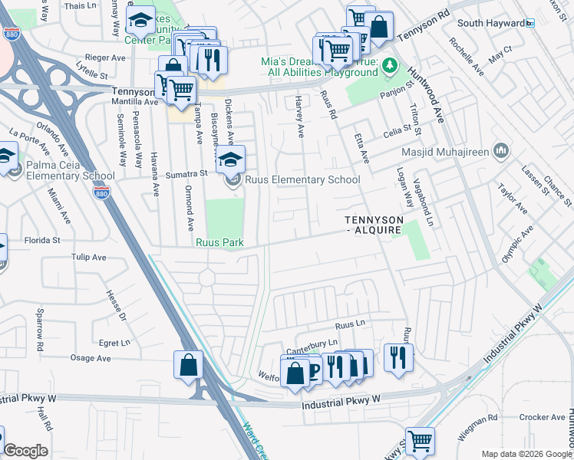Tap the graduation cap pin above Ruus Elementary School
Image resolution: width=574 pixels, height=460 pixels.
pos(229,159)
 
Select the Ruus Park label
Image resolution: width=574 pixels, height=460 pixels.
pos(219,243)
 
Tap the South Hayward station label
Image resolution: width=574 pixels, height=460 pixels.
pos(492,23)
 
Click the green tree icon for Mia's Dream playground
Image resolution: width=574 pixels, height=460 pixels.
pos(390,65)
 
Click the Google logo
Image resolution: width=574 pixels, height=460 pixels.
pos(25,451)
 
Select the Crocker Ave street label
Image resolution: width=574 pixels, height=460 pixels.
pos(542,417)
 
